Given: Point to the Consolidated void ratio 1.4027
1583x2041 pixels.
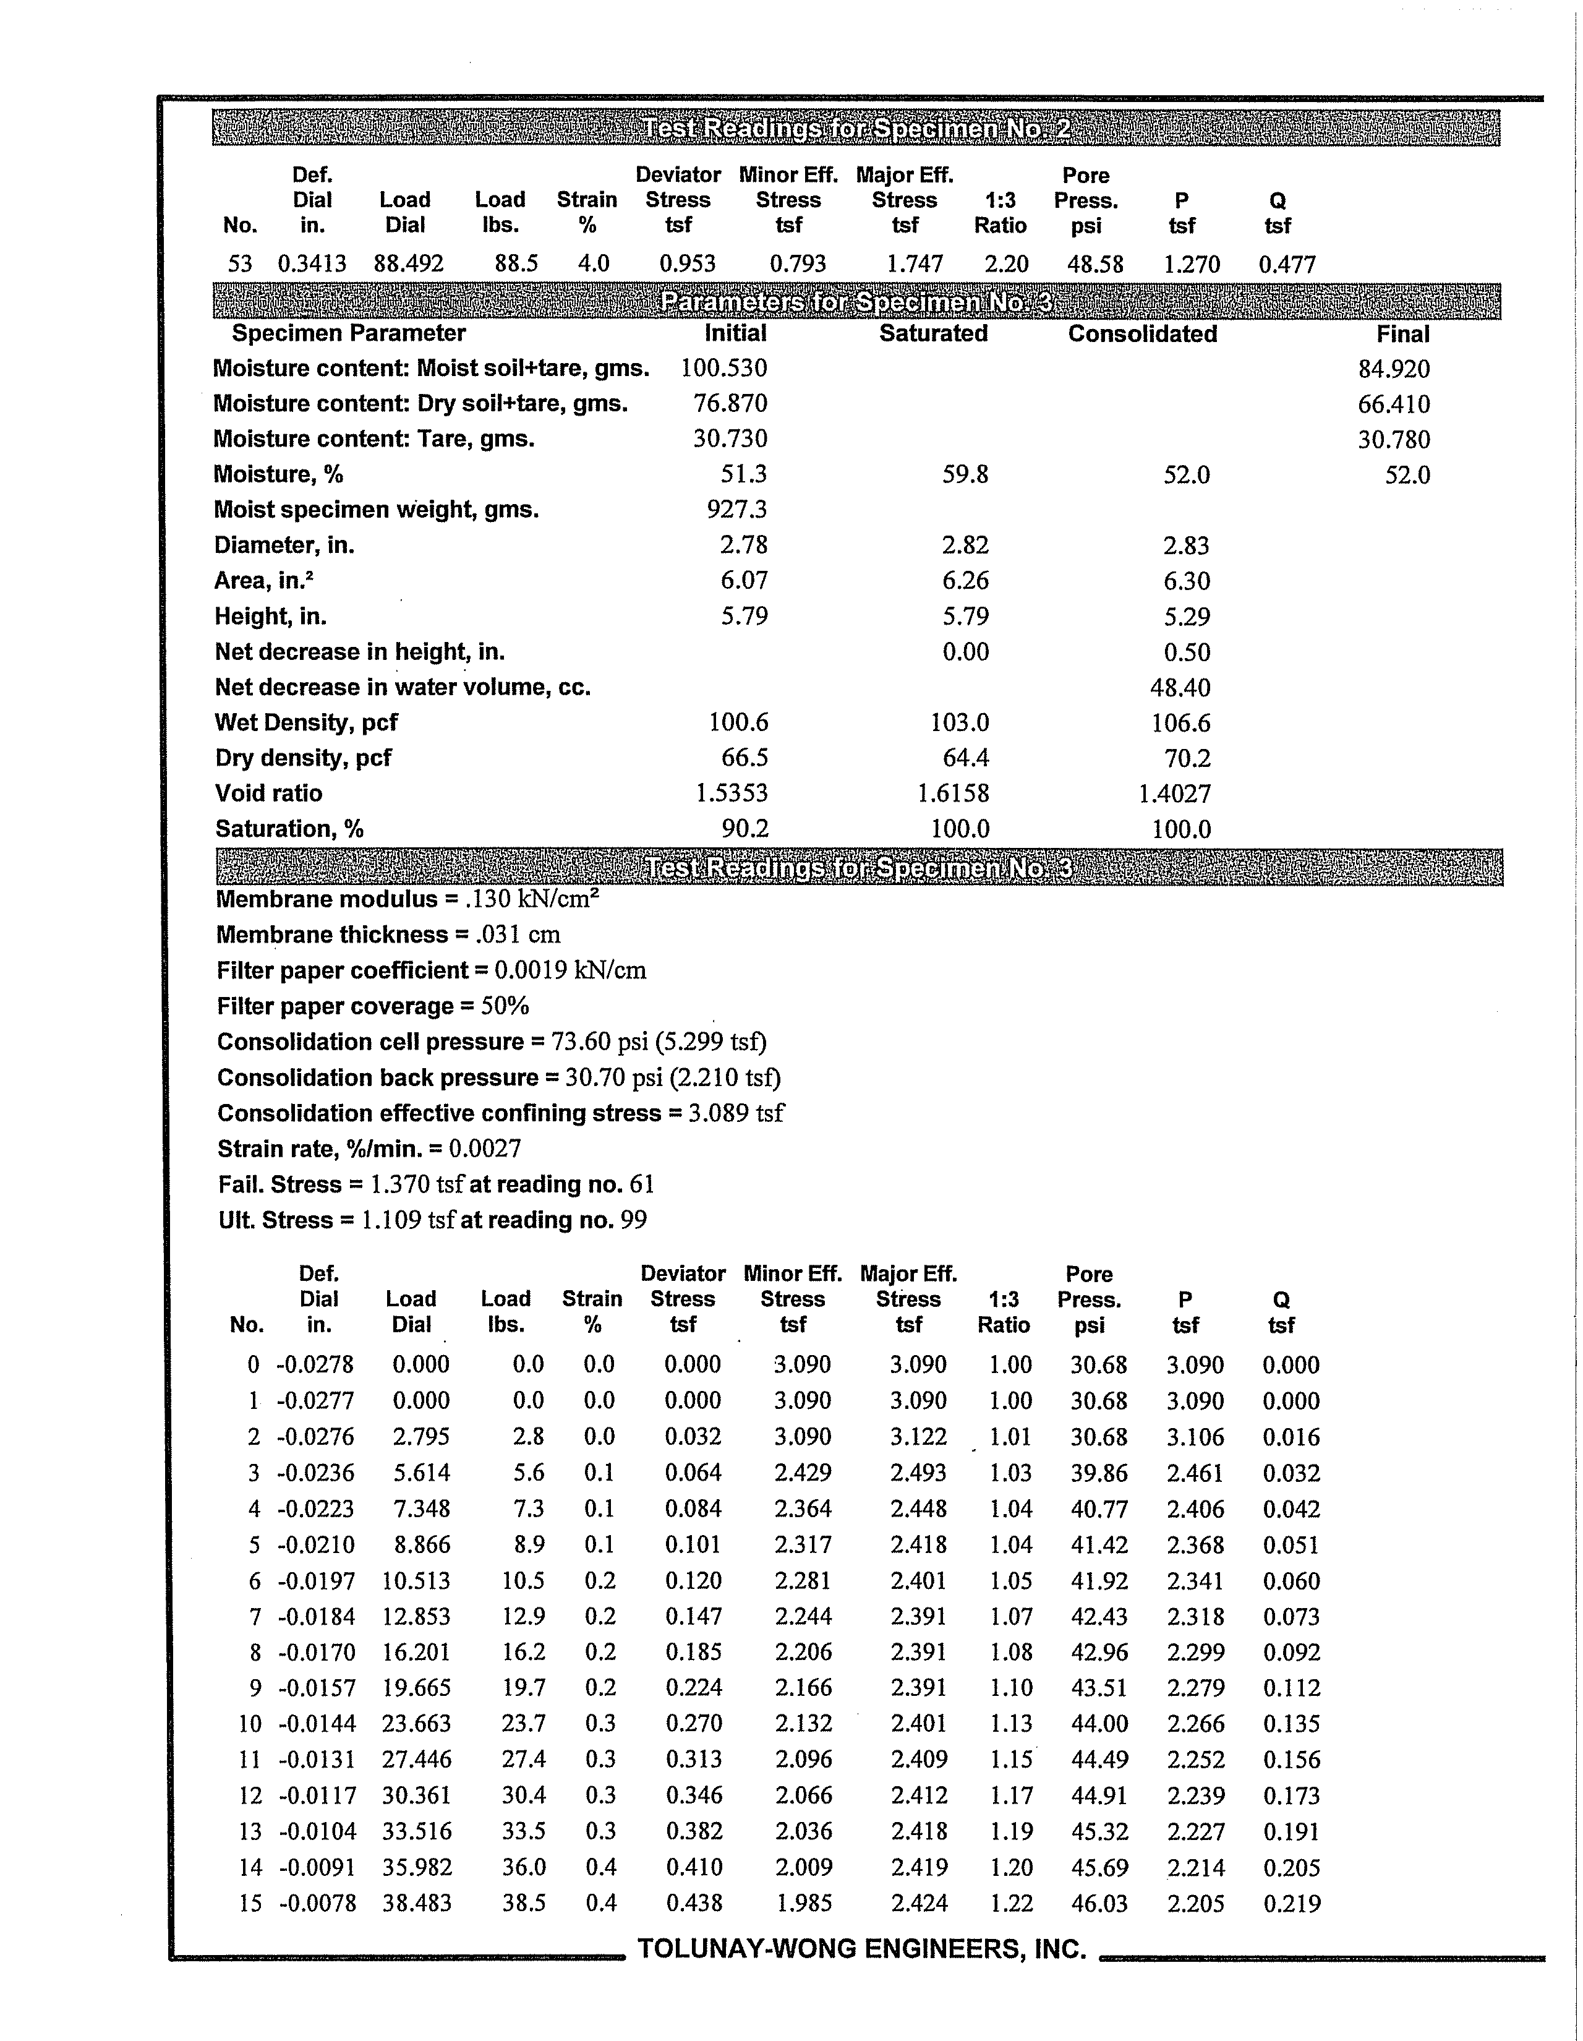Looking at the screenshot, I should pos(1175,794).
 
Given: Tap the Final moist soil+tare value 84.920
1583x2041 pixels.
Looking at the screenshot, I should pos(1393,369).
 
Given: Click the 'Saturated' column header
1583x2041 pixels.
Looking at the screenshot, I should pos(932,333).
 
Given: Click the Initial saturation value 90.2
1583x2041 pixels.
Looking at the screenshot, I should pos(745,829).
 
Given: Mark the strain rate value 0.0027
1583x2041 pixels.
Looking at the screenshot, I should pos(484,1149).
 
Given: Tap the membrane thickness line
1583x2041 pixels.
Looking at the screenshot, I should pos(388,935).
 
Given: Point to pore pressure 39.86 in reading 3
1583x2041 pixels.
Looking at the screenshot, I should pos(1099,1473).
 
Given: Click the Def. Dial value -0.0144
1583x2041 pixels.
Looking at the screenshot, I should pos(317,1723).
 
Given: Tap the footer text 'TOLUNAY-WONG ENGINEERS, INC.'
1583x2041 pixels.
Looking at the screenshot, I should pos(861,1948).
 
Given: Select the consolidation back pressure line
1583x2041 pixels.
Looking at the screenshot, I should pos(498,1077).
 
